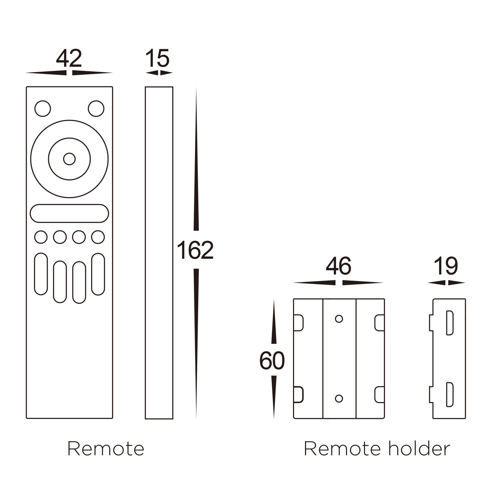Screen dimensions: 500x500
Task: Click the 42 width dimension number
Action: click(69, 58)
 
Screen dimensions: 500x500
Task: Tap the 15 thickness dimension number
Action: click(157, 58)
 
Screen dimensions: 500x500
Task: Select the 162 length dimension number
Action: click(195, 250)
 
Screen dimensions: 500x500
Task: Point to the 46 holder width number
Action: click(338, 266)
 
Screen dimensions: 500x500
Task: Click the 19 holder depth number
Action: click(446, 266)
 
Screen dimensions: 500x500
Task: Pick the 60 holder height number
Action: click(272, 361)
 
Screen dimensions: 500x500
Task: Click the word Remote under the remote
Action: click(105, 449)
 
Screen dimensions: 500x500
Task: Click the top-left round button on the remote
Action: click(43, 109)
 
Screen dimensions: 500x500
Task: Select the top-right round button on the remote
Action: click(96, 109)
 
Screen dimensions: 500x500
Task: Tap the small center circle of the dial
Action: click(69, 159)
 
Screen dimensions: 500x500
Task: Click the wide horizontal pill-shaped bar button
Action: click(69, 213)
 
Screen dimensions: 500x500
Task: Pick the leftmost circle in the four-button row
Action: click(41, 237)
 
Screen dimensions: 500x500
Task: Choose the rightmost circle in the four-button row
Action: click(98, 237)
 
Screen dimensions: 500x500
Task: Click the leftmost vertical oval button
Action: click(41, 274)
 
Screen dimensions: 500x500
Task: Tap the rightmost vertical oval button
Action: click(98, 274)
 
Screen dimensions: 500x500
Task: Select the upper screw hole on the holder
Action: click(339, 319)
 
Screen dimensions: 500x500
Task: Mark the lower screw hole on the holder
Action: click(339, 398)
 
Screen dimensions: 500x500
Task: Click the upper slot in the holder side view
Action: click(450, 323)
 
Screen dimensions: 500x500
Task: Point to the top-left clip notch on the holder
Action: click(298, 323)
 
